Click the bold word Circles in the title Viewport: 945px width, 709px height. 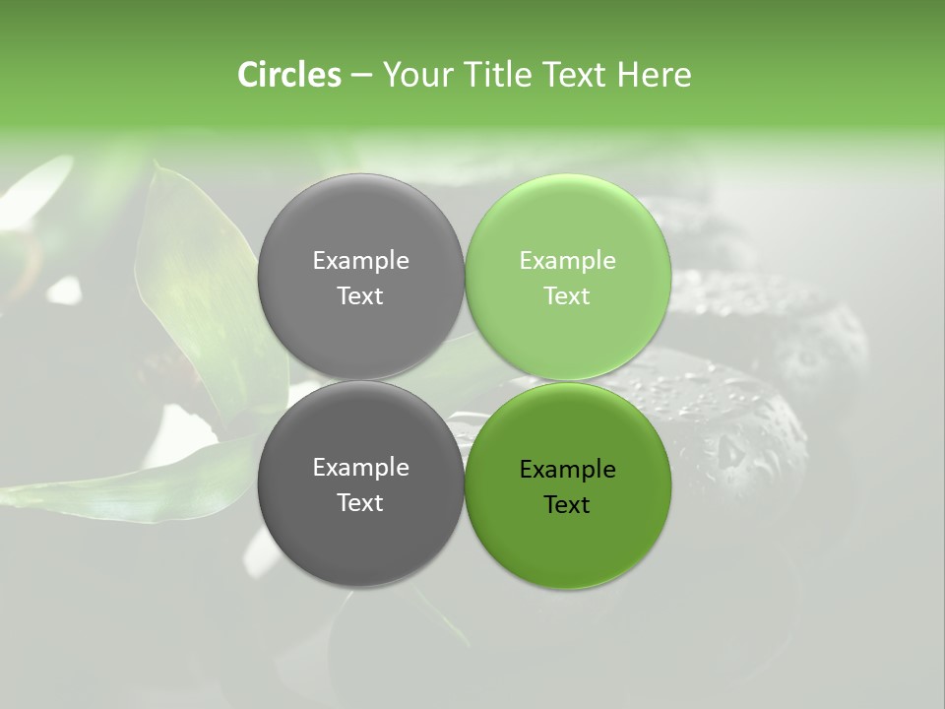[288, 75]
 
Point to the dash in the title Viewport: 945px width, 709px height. [361, 75]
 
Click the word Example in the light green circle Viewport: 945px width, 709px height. [567, 261]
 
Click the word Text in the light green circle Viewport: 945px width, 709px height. [567, 296]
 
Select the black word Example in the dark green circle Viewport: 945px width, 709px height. [567, 470]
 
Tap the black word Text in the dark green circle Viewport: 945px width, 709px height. [567, 505]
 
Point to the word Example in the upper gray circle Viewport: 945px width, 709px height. [360, 261]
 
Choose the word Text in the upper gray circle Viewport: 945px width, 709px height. [360, 296]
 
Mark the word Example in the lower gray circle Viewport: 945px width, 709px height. [360, 468]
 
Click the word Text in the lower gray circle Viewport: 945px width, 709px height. [360, 503]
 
